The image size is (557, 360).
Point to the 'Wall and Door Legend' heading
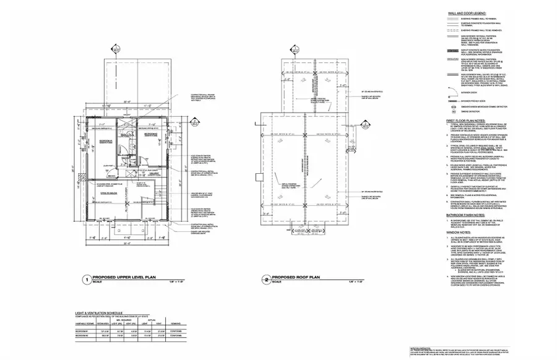[467, 13]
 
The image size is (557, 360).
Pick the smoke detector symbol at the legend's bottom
[451, 111]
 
